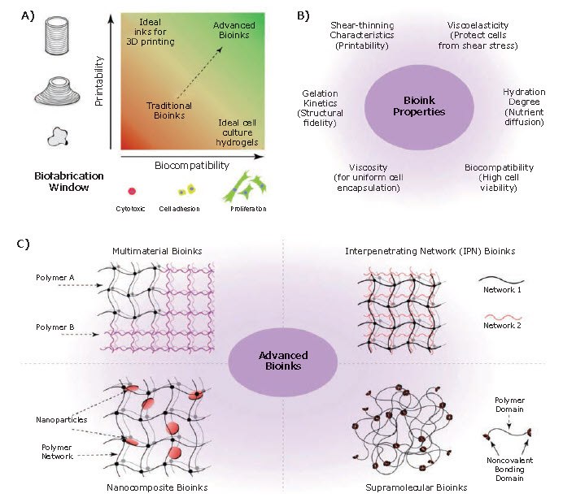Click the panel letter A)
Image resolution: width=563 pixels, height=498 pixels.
coord(18,14)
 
